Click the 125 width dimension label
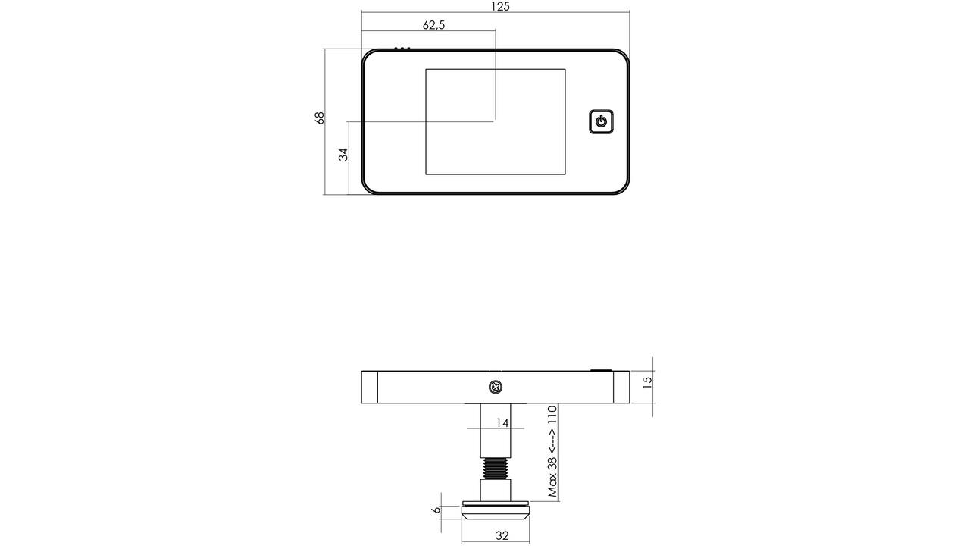click(x=501, y=7)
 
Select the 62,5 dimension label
click(x=433, y=25)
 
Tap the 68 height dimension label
click(x=319, y=118)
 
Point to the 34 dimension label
click(x=343, y=154)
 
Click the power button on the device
click(x=601, y=121)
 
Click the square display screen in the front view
click(x=496, y=122)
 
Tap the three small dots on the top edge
click(x=402, y=48)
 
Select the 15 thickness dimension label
click(x=646, y=382)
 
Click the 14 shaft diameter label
click(x=502, y=422)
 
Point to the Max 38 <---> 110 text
click(x=552, y=450)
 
